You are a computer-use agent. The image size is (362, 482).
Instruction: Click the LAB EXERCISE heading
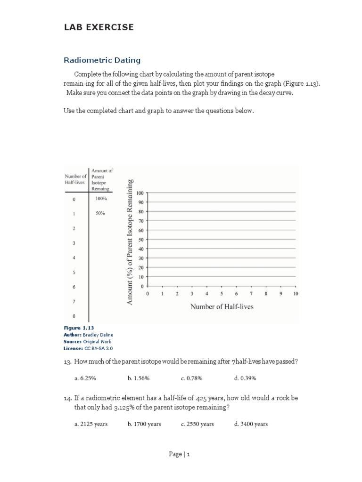click(x=99, y=27)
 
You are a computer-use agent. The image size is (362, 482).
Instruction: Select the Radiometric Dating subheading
click(x=102, y=60)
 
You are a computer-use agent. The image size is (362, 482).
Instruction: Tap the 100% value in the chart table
click(x=101, y=199)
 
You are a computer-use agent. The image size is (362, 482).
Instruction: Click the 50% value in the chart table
click(x=100, y=213)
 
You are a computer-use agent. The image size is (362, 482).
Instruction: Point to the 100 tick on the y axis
click(x=140, y=193)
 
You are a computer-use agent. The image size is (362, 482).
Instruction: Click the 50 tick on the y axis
click(x=140, y=240)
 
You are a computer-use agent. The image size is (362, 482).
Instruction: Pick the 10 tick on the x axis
click(x=296, y=294)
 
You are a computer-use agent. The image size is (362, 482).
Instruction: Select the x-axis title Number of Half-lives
click(x=222, y=306)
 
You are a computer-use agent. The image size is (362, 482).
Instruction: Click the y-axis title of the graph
click(x=130, y=241)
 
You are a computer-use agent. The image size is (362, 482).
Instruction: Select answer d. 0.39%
click(x=245, y=378)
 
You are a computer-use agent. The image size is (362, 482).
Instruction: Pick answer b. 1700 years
click(x=144, y=424)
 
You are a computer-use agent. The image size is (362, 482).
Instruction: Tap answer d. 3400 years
click(x=251, y=424)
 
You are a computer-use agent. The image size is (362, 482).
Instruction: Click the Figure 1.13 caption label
click(x=75, y=328)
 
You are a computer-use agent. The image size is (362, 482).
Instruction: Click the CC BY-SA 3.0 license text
click(x=99, y=348)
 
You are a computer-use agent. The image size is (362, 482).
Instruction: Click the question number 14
click(x=68, y=398)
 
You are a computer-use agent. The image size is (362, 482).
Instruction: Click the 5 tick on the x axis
click(x=222, y=294)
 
